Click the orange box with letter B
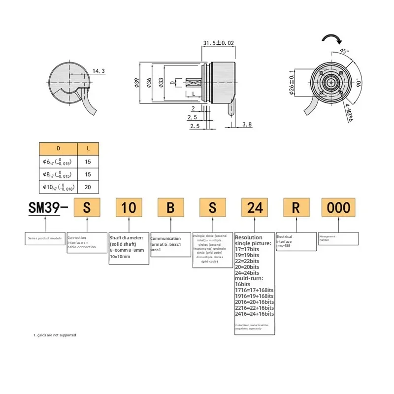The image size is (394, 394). [170, 207]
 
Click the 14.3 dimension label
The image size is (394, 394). [98, 71]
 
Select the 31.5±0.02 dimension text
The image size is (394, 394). [218, 43]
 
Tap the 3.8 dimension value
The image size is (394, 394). [247, 125]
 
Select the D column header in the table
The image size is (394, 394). [58, 148]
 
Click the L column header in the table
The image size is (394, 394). [88, 148]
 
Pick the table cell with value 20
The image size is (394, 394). [88, 187]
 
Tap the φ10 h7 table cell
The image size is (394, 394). [58, 187]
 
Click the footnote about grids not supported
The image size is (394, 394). [55, 335]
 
